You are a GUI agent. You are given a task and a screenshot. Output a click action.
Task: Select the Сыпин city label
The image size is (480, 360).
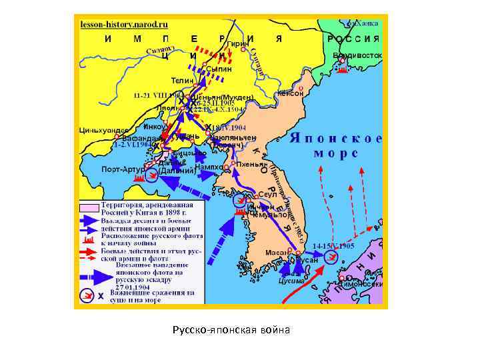click(x=219, y=69)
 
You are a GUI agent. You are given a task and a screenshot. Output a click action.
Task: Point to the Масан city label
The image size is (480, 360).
click(x=279, y=253)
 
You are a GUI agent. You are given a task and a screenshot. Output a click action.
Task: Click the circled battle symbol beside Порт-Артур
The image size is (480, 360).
click(x=151, y=175)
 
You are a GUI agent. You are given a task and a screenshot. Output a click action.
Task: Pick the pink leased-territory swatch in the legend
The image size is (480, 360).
click(x=89, y=207)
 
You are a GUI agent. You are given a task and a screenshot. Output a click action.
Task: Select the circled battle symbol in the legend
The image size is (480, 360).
click(x=86, y=294)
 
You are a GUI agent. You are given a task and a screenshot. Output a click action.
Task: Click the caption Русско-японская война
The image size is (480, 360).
click(x=230, y=330)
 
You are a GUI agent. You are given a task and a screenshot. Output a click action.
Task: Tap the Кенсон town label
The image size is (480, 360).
click(x=290, y=93)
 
